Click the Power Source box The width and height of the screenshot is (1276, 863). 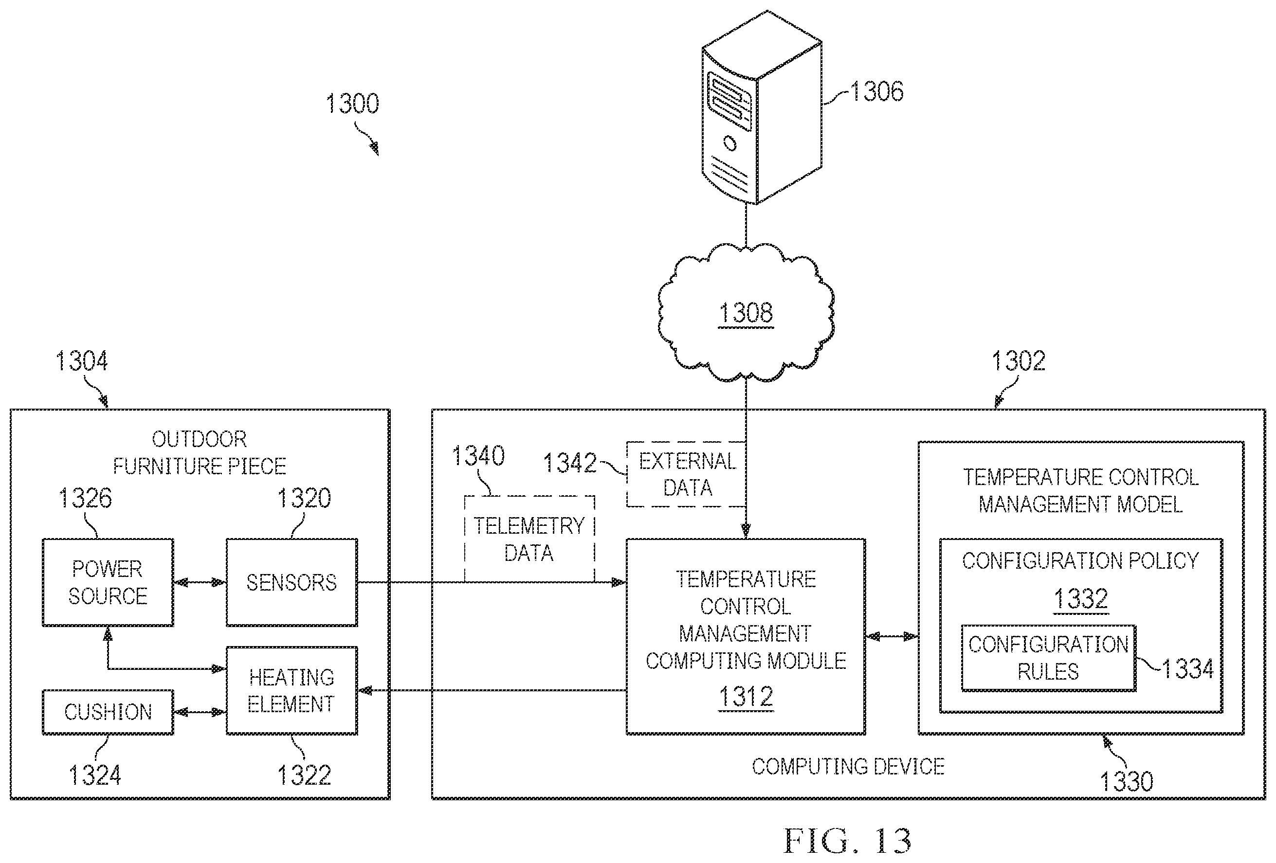(x=108, y=582)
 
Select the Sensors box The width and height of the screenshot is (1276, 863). (x=292, y=582)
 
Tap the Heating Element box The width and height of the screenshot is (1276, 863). (x=292, y=690)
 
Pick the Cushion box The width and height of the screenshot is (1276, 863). (x=108, y=712)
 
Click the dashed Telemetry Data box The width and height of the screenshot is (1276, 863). (x=529, y=539)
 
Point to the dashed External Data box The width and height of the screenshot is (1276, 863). (x=686, y=474)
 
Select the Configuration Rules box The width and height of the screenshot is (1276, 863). (x=1048, y=658)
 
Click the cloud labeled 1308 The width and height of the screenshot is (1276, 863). (x=746, y=312)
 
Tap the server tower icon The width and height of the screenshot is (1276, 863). (x=762, y=108)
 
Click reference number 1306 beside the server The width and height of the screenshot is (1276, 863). (x=877, y=91)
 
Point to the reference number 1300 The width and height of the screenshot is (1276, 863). (x=352, y=103)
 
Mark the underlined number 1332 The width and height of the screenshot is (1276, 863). (x=1080, y=598)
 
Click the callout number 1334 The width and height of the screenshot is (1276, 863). (x=1187, y=669)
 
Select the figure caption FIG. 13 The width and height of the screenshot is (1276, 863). (x=847, y=841)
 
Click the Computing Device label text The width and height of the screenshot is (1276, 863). (x=848, y=766)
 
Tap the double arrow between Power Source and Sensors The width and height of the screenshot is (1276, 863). (x=200, y=582)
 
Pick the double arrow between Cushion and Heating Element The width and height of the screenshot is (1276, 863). (x=200, y=712)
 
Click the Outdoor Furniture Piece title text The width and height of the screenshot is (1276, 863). (x=200, y=452)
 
